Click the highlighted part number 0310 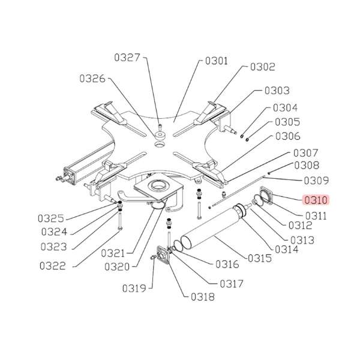[316, 200]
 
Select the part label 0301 [217, 61]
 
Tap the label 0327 [127, 58]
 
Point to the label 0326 [92, 79]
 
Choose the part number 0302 [263, 67]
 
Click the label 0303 [277, 91]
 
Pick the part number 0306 [287, 136]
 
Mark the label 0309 [316, 181]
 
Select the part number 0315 [260, 259]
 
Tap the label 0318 [203, 297]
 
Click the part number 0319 [134, 289]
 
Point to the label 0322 [53, 266]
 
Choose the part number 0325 [51, 218]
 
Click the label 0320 [117, 267]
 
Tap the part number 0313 [302, 241]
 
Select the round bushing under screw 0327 [160, 136]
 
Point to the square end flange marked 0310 [266, 195]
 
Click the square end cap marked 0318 [163, 254]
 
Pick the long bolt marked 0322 [120, 221]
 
